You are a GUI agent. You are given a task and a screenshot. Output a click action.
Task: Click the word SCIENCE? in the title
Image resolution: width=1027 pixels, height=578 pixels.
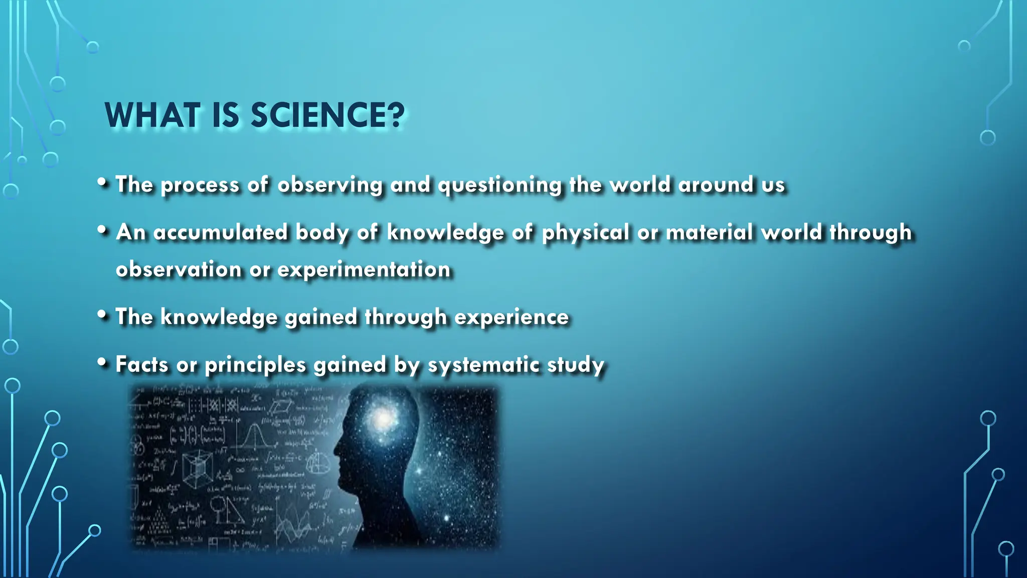(x=327, y=115)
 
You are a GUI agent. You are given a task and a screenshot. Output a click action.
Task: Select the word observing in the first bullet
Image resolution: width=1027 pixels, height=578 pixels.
(x=330, y=185)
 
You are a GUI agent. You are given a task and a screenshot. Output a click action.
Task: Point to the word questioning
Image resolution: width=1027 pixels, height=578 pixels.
(x=500, y=185)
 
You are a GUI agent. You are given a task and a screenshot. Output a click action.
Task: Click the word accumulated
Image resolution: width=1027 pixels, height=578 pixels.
(x=221, y=232)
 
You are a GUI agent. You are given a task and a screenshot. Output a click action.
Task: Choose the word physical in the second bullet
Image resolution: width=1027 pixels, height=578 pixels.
(x=585, y=233)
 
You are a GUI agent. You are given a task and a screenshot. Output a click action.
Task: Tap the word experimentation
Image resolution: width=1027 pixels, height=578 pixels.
(x=364, y=269)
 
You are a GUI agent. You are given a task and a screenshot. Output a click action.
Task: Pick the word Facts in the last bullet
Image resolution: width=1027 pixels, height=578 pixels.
(x=142, y=364)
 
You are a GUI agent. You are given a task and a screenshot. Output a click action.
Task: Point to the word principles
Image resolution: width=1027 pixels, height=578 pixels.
(x=255, y=365)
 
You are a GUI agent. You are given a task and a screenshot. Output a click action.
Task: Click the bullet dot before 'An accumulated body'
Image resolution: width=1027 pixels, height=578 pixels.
(x=102, y=230)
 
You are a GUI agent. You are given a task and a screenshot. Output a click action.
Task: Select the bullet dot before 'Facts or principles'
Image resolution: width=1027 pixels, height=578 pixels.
(x=102, y=362)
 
